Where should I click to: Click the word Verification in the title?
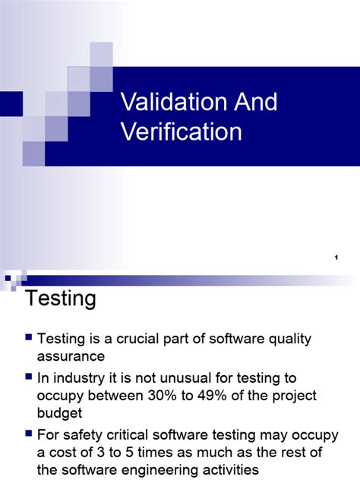[x=182, y=131]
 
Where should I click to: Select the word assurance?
[x=72, y=356]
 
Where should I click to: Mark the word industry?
[x=77, y=377]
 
